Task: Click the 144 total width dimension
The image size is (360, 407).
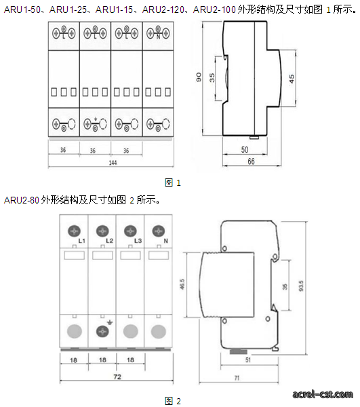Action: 113,163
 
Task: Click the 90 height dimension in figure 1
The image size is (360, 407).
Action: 199,77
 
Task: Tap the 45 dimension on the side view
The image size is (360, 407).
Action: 292,79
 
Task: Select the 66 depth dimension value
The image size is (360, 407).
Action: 251,161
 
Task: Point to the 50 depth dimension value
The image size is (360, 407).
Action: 245,150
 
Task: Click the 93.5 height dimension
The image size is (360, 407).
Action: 301,286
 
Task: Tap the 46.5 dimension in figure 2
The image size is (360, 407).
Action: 182,284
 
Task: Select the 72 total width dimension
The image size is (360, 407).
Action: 117,376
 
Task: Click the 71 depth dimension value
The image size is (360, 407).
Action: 237,378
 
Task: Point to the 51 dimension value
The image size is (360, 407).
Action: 248,360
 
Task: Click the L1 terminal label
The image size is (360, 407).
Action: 82,241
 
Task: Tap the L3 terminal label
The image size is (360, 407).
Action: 138,241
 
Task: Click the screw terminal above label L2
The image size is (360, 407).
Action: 102,231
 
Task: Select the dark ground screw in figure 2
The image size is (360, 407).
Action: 102,332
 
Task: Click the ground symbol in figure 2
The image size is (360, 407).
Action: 110,323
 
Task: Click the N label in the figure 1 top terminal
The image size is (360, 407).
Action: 158,37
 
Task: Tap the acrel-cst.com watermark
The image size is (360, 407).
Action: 323,394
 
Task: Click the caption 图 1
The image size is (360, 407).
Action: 172,182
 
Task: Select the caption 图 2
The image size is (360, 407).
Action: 172,401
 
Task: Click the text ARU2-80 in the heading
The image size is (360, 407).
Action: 22,200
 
